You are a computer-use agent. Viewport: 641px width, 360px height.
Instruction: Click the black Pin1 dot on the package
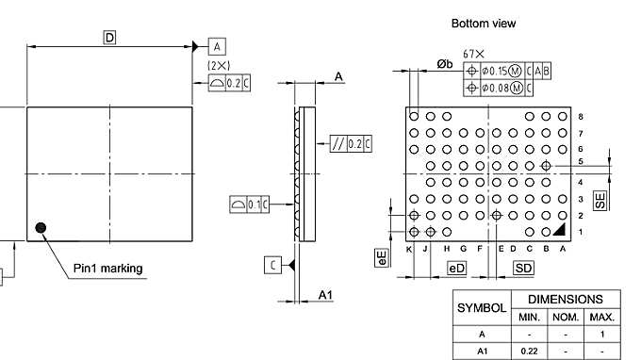point(41,227)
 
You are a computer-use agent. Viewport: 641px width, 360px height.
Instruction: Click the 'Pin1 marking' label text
point(108,269)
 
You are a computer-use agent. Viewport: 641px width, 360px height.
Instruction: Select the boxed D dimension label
point(109,38)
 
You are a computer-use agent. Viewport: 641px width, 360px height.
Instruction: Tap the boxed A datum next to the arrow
point(217,46)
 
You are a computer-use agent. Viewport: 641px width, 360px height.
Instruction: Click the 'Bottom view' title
point(484,23)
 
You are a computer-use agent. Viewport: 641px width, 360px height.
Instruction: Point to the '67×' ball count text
point(474,55)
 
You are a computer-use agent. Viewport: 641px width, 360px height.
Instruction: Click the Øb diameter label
point(444,64)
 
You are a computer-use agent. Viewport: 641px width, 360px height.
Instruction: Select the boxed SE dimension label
point(600,200)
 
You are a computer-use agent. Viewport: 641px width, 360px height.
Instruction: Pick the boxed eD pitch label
point(456,269)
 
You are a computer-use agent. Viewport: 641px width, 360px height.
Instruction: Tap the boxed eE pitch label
point(382,258)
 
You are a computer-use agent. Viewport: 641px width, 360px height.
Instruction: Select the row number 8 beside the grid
point(581,117)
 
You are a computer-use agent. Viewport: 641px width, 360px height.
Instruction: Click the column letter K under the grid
point(410,249)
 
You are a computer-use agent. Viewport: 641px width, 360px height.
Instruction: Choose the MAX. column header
point(600,317)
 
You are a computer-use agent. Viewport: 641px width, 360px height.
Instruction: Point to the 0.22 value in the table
point(530,351)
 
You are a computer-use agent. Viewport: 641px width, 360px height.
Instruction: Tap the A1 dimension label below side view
point(325,296)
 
